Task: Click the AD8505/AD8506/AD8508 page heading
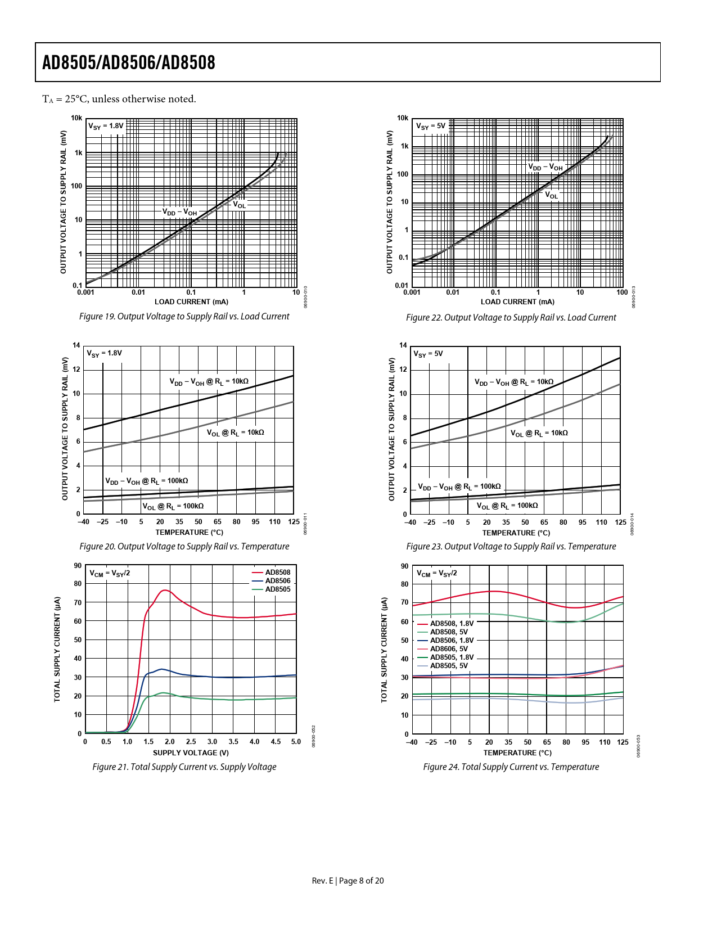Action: [129, 62]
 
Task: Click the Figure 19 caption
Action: [184, 317]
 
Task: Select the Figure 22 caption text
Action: [511, 318]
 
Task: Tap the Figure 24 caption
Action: [511, 767]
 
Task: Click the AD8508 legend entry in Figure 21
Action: [278, 573]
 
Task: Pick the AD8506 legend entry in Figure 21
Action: [278, 581]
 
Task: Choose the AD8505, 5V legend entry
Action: [449, 666]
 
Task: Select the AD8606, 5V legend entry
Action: [449, 649]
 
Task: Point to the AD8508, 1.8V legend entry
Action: [452, 624]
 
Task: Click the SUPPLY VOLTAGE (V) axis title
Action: [191, 753]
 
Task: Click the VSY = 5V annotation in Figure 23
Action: [428, 354]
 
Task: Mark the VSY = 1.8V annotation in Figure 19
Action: [106, 126]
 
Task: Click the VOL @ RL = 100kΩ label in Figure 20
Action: [173, 506]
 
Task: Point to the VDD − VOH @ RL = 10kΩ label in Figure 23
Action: [514, 382]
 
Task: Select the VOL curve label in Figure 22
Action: [552, 195]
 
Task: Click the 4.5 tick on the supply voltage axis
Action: [276, 742]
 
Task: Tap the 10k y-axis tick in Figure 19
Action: [76, 118]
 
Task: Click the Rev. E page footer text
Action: [348, 881]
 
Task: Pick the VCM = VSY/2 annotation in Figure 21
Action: [110, 574]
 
